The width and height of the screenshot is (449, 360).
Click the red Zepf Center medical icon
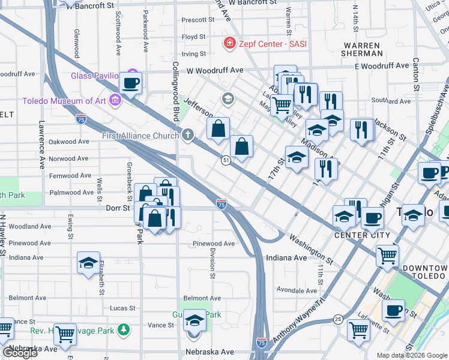[229, 43]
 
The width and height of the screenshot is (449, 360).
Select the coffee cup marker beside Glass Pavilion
[130, 83]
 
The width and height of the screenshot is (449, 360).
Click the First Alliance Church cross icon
[188, 135]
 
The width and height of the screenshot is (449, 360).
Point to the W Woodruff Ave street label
[215, 70]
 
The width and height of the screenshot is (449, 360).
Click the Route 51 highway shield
[226, 160]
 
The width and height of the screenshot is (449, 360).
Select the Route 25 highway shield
[339, 319]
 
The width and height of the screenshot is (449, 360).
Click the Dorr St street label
[118, 208]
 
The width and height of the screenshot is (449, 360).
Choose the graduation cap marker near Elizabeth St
[88, 263]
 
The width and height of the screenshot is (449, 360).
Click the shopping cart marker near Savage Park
[64, 333]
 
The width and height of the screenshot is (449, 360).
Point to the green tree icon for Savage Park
[124, 329]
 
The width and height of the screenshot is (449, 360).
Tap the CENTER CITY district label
[362, 235]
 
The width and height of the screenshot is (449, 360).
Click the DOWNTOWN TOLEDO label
[425, 272]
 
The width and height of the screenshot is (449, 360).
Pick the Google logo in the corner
[19, 352]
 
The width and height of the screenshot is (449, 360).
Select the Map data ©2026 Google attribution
[411, 355]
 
